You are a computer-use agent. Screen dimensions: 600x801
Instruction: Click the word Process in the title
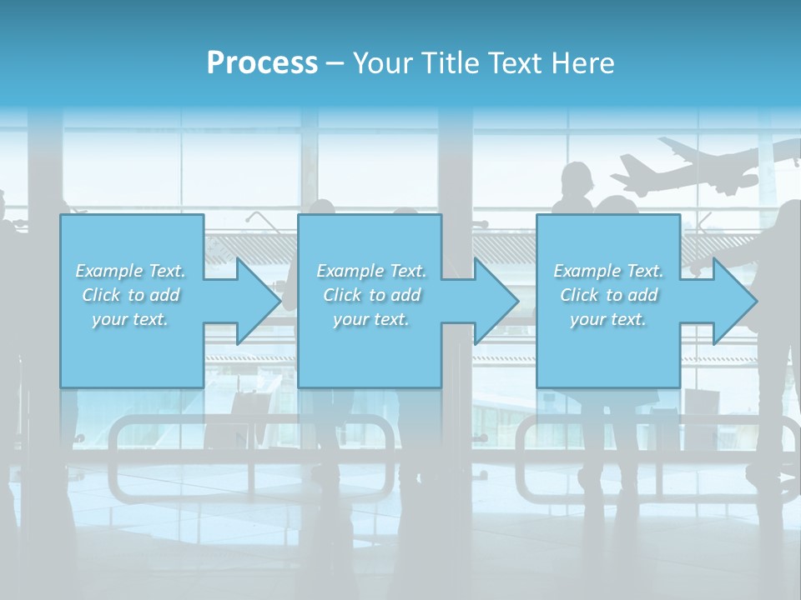[x=262, y=63]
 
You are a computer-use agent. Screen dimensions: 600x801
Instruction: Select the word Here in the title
[x=583, y=63]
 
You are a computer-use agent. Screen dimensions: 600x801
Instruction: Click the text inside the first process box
[x=130, y=295]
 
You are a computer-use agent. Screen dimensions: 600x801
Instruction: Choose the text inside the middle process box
[x=371, y=295]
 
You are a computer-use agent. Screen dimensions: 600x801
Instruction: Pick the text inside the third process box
[x=608, y=295]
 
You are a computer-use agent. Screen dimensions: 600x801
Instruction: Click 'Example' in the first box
[x=108, y=271]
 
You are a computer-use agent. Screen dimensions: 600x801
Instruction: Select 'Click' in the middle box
[x=342, y=295]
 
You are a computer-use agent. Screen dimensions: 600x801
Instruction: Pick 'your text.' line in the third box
[x=608, y=319]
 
